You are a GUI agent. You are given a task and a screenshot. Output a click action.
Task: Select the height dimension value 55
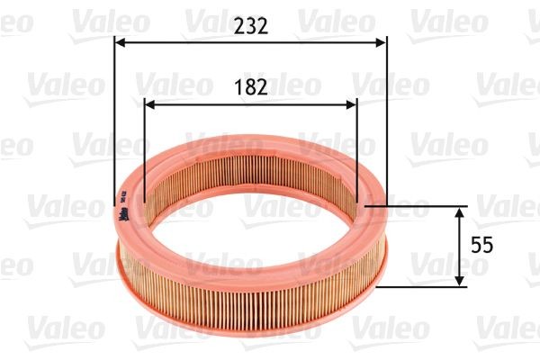(x=482, y=245)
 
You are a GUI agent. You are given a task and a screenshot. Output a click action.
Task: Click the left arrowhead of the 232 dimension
(x=121, y=40)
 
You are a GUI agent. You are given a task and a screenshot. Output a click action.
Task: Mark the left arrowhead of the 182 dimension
(x=149, y=103)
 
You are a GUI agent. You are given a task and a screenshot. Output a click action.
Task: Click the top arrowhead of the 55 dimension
(x=459, y=211)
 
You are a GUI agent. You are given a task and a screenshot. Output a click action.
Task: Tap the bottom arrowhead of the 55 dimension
(x=459, y=282)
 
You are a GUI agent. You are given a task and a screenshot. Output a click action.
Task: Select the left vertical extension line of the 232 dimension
(x=115, y=117)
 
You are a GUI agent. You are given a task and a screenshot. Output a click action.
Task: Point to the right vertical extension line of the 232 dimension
(x=386, y=117)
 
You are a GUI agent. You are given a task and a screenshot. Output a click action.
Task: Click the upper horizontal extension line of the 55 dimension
(x=423, y=205)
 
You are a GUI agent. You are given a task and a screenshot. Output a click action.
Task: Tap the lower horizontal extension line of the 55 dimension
(x=423, y=288)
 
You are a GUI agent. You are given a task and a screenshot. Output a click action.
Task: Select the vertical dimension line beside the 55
(x=459, y=261)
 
